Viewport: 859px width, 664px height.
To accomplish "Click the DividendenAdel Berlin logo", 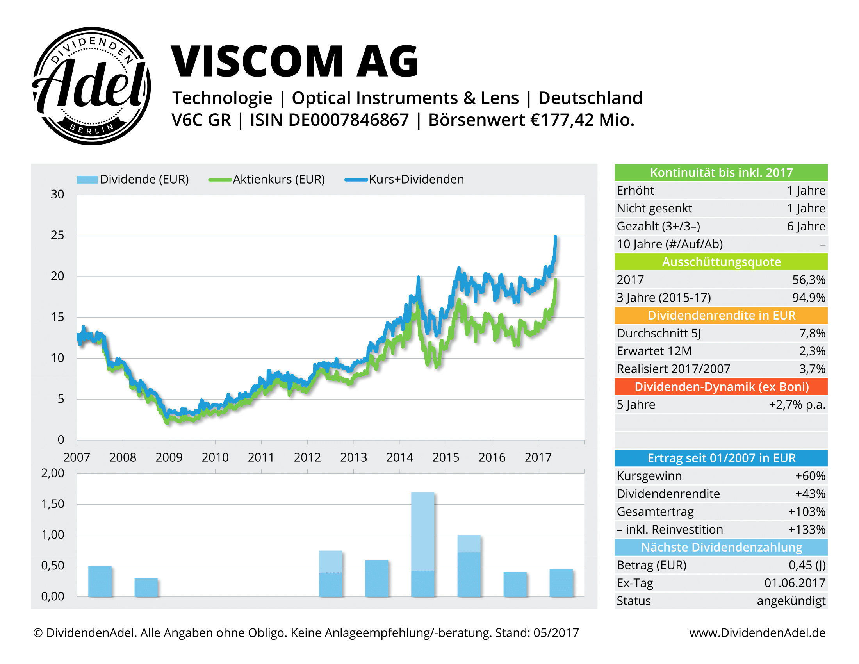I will pos(91,86).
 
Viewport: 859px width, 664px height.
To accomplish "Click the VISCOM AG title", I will pos(294,61).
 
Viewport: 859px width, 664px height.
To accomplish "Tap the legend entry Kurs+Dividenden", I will pos(416,179).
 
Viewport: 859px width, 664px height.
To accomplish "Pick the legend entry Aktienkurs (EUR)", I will pos(278,179).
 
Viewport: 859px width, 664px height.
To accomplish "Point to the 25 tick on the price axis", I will pos(57,235).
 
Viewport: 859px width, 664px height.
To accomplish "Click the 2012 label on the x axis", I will pos(307,457).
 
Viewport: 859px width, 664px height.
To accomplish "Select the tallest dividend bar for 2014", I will pos(423,544).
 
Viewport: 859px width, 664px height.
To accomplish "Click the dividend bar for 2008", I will pos(146,587).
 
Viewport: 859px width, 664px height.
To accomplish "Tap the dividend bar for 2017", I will pos(561,583).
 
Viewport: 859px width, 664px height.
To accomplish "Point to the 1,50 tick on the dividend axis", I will pos(53,504).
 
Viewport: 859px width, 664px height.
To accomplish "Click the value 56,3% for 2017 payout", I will pos(808,280).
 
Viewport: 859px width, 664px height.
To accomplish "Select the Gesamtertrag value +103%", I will pos(806,511).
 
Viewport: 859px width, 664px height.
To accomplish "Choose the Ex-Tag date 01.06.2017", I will pos(795,583).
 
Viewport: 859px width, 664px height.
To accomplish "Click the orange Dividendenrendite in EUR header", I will pos(721,315).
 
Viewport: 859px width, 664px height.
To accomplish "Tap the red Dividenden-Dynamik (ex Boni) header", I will pos(721,387).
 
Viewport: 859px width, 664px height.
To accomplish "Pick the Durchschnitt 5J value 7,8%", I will pos(812,333).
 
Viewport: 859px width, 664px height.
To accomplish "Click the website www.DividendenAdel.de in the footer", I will pos(757,632).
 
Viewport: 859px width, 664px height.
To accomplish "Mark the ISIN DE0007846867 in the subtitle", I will pos(329,120).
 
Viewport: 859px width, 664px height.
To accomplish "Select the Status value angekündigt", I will pos(791,601).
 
